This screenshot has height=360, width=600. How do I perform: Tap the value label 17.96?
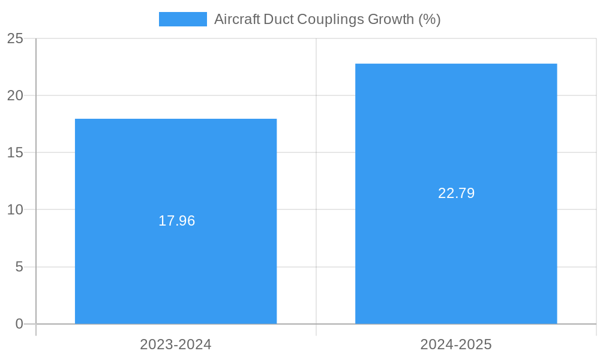176,221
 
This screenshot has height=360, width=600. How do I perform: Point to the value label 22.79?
456,193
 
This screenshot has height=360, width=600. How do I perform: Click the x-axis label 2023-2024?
176,344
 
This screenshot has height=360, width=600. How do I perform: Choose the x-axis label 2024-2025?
456,344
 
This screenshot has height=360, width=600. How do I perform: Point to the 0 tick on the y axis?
19,324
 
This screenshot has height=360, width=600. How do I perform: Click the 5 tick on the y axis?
19,266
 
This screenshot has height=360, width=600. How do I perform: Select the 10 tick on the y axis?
15,209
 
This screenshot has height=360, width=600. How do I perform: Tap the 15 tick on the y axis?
15,152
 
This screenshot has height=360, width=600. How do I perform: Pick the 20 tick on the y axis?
15,95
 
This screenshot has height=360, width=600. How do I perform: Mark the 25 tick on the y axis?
15,38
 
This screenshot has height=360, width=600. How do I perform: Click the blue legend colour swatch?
182,19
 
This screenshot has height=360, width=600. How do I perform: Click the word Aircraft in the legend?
237,19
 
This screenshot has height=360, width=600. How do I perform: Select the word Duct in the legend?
279,19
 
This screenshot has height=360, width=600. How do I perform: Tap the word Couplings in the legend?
331,19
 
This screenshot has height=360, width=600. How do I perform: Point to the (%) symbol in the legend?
430,19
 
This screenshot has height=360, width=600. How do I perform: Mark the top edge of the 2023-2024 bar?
176,119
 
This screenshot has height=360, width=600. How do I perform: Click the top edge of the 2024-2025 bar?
456,64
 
